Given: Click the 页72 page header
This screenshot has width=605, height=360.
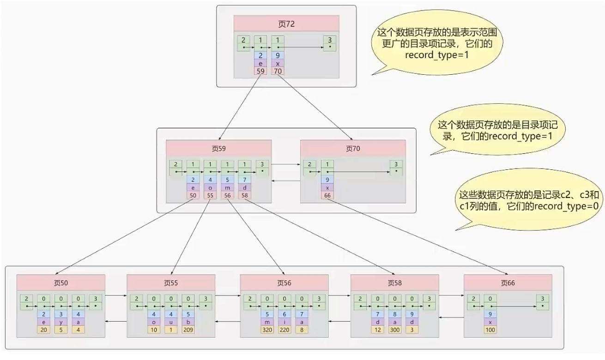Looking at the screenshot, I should point(286,23).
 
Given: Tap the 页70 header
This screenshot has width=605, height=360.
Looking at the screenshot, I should point(353,149).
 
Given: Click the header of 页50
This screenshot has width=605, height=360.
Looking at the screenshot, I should point(61,282).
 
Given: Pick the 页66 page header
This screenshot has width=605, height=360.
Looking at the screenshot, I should point(508,282).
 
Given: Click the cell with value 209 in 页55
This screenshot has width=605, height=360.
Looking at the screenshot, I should point(188,330).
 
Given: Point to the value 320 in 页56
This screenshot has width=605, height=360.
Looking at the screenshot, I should point(267,330).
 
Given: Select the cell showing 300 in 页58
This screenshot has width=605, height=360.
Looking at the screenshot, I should point(394,330).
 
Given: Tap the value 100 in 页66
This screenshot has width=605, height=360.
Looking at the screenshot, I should point(490,330).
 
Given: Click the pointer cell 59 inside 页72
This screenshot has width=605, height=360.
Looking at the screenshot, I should point(260,72).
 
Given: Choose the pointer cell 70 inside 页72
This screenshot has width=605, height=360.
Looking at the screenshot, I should point(278,72).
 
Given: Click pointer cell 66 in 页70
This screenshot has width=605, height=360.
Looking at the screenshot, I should point(327,196).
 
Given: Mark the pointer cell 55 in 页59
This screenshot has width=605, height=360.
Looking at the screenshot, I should point(210,196).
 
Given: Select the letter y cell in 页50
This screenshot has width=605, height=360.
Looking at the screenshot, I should point(61,322).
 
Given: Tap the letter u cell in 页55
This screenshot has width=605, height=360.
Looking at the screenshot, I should point(171,322).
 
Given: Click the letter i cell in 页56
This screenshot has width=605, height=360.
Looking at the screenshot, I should point(284,322).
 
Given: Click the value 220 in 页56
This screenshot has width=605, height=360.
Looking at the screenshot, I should point(284,330).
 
